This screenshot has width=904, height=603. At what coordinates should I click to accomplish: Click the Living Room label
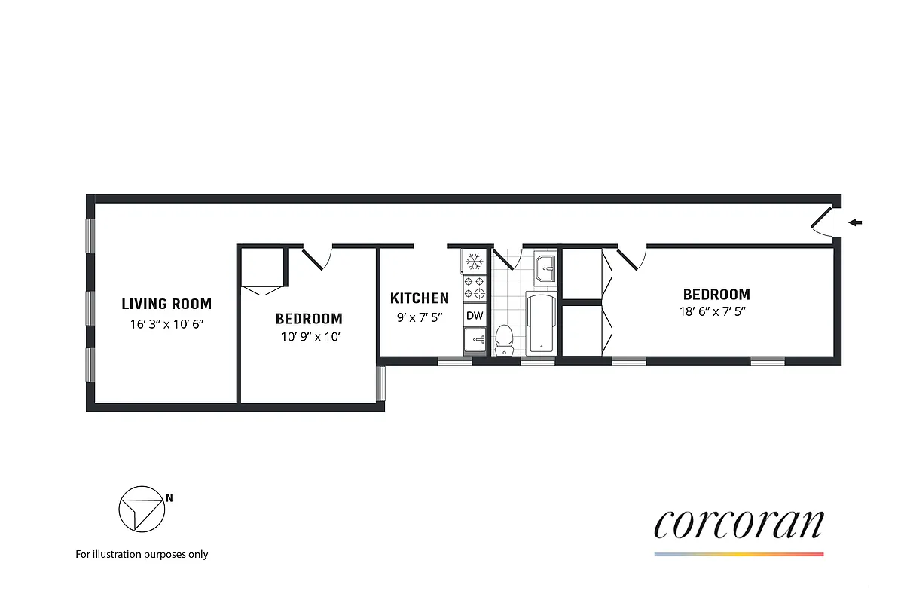click(166, 305)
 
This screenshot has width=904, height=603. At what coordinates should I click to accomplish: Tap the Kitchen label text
click(419, 298)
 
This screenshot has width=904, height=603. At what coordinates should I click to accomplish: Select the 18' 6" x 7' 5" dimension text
click(716, 311)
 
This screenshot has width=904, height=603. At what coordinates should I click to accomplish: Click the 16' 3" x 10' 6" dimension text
click(166, 324)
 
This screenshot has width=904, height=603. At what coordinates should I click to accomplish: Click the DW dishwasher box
click(475, 315)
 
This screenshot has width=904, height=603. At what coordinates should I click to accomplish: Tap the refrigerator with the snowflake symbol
click(475, 262)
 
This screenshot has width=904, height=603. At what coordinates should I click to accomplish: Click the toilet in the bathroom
click(503, 340)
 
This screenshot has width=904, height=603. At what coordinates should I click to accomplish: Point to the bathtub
click(541, 324)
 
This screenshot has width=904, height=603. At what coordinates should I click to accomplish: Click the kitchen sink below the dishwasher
click(475, 341)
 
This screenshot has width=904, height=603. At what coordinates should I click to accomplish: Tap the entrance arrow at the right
click(855, 222)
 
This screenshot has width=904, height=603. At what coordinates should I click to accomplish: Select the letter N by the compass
click(169, 497)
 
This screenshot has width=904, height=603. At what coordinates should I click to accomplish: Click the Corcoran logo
click(738, 525)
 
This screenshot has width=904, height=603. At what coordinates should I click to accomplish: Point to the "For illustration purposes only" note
click(142, 554)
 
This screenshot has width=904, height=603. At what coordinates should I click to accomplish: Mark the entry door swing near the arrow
click(823, 222)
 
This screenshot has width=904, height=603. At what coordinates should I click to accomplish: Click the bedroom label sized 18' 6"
click(716, 295)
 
